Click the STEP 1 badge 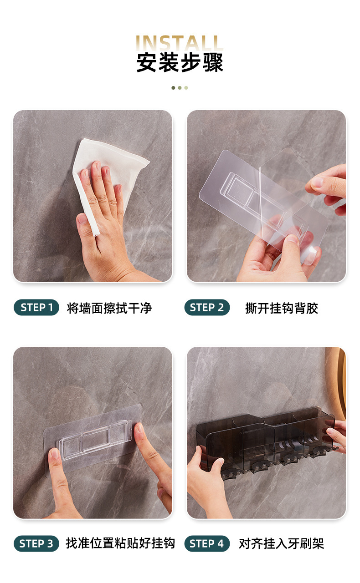[x=36, y=307]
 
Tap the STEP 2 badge [x=207, y=307]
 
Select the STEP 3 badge [x=36, y=543]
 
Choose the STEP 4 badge [x=207, y=543]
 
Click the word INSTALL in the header [x=180, y=43]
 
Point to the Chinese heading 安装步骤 [x=180, y=62]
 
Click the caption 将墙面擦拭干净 [x=109, y=308]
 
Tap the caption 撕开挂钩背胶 [x=282, y=308]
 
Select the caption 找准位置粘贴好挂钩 [x=120, y=543]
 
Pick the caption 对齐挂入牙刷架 [x=282, y=543]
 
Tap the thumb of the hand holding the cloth [x=85, y=229]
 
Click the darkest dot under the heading [x=173, y=88]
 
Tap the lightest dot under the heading [x=186, y=88]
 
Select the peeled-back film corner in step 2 [x=287, y=177]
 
